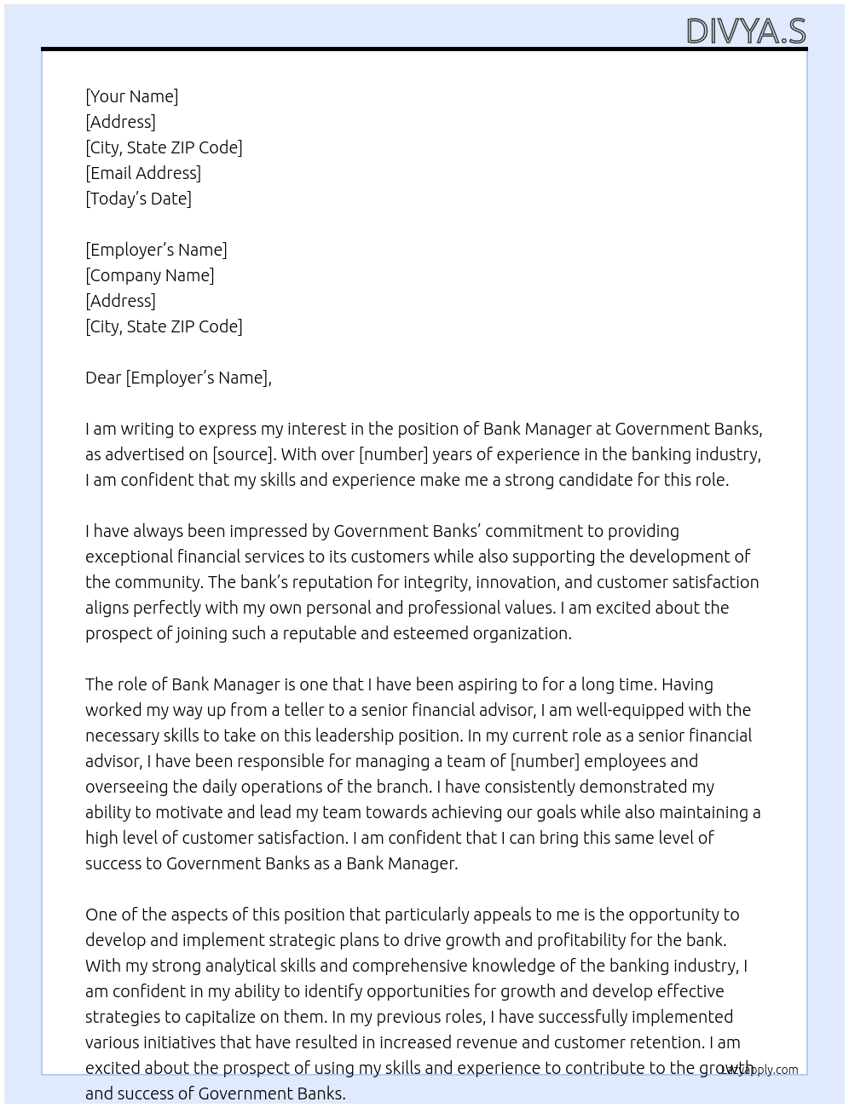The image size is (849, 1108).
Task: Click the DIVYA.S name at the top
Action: (746, 31)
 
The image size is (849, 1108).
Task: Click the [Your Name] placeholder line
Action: (132, 96)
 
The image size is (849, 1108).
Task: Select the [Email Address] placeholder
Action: (143, 173)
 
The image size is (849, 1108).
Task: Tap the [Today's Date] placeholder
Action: (138, 199)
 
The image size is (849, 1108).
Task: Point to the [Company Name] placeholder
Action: (150, 275)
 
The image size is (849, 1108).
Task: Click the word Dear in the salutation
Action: (103, 378)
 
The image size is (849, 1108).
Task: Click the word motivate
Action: (182, 812)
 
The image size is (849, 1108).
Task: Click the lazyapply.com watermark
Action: (759, 1070)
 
